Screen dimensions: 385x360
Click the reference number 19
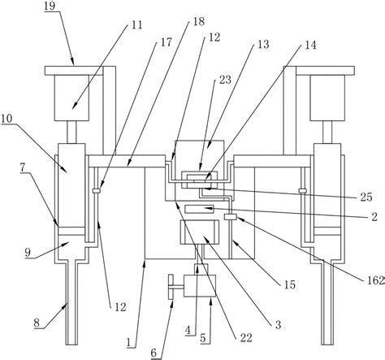pos(50,6)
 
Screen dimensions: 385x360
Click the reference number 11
pos(137,25)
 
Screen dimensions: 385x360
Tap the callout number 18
pos(199,22)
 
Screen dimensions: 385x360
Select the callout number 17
pos(166,42)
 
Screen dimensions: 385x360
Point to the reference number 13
pos(263,44)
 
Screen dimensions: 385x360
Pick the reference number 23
pos(225,80)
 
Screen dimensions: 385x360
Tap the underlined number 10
pos(6,119)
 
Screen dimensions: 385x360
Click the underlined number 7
pos(24,168)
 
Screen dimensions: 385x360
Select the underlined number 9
pos(28,253)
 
